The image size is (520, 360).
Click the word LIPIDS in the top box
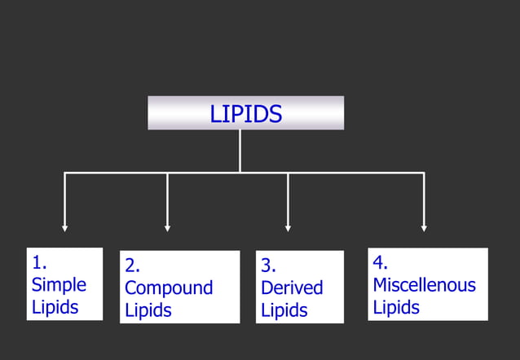(245, 114)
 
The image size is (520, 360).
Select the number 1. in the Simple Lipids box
(39, 263)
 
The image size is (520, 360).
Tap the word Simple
(59, 285)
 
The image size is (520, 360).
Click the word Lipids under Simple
(55, 307)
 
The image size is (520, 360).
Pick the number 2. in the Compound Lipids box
(133, 266)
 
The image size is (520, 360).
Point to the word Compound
(169, 288)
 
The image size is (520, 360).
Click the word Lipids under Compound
(148, 310)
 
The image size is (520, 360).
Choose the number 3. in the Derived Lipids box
(269, 266)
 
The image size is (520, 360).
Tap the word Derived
(292, 288)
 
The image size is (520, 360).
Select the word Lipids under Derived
(284, 310)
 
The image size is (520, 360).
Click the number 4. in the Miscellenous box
(381, 263)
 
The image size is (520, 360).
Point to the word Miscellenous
(424, 285)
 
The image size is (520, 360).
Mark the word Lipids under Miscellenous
(396, 307)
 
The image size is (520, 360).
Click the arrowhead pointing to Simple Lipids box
(65, 227)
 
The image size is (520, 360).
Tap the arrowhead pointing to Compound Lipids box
(167, 227)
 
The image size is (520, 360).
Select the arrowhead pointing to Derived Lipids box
(288, 227)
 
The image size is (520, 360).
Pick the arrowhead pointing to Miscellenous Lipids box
(424, 227)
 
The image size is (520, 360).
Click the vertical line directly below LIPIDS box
(240, 151)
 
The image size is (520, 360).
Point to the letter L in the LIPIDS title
(215, 114)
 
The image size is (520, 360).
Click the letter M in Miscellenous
(381, 285)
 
